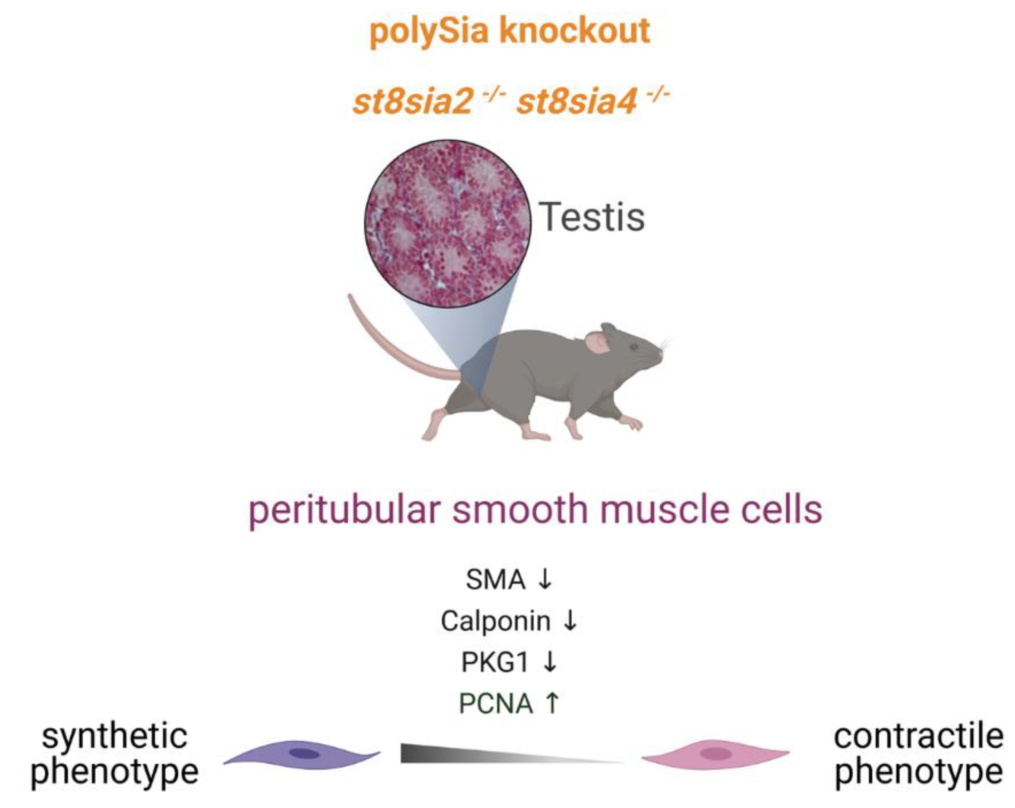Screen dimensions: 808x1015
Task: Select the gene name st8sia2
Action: [x=412, y=102]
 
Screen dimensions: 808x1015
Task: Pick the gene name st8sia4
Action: [x=577, y=102]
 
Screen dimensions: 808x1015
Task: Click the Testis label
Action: [x=592, y=217]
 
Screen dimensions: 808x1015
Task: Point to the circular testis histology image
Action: [x=448, y=224]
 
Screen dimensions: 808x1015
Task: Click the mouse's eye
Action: [x=634, y=347]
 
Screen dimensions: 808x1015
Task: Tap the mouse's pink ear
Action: [x=597, y=342]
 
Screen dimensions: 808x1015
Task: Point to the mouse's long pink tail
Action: [x=386, y=344]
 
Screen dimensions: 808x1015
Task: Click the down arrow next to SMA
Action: [x=545, y=579]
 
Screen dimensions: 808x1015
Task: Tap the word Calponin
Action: [x=495, y=621]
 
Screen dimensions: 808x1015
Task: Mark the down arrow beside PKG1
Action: [x=550, y=663]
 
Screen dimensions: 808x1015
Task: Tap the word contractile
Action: [x=918, y=737]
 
